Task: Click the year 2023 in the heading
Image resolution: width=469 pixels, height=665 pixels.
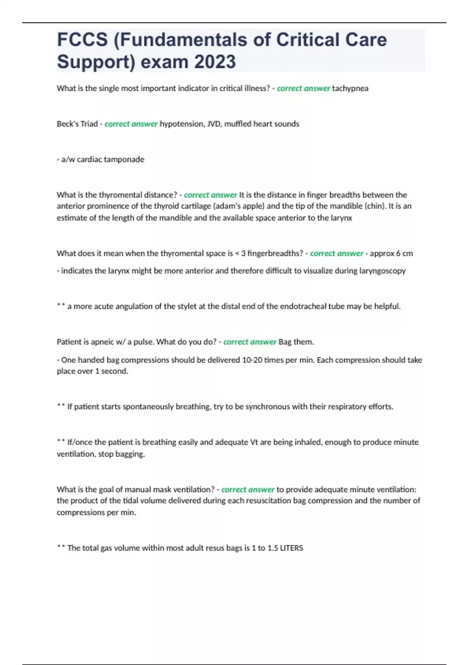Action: pos(215,61)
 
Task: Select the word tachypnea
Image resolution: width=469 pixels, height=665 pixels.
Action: pos(350,88)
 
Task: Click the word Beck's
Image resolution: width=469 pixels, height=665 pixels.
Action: pos(67,124)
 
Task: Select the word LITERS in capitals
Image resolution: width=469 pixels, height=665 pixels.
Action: pos(292,548)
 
